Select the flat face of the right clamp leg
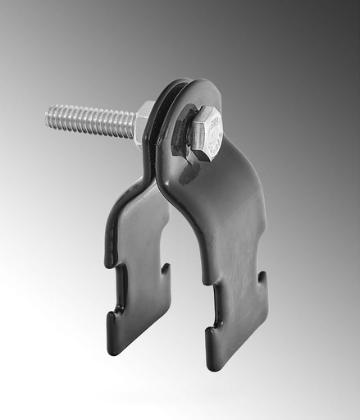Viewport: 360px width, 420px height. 234,246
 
